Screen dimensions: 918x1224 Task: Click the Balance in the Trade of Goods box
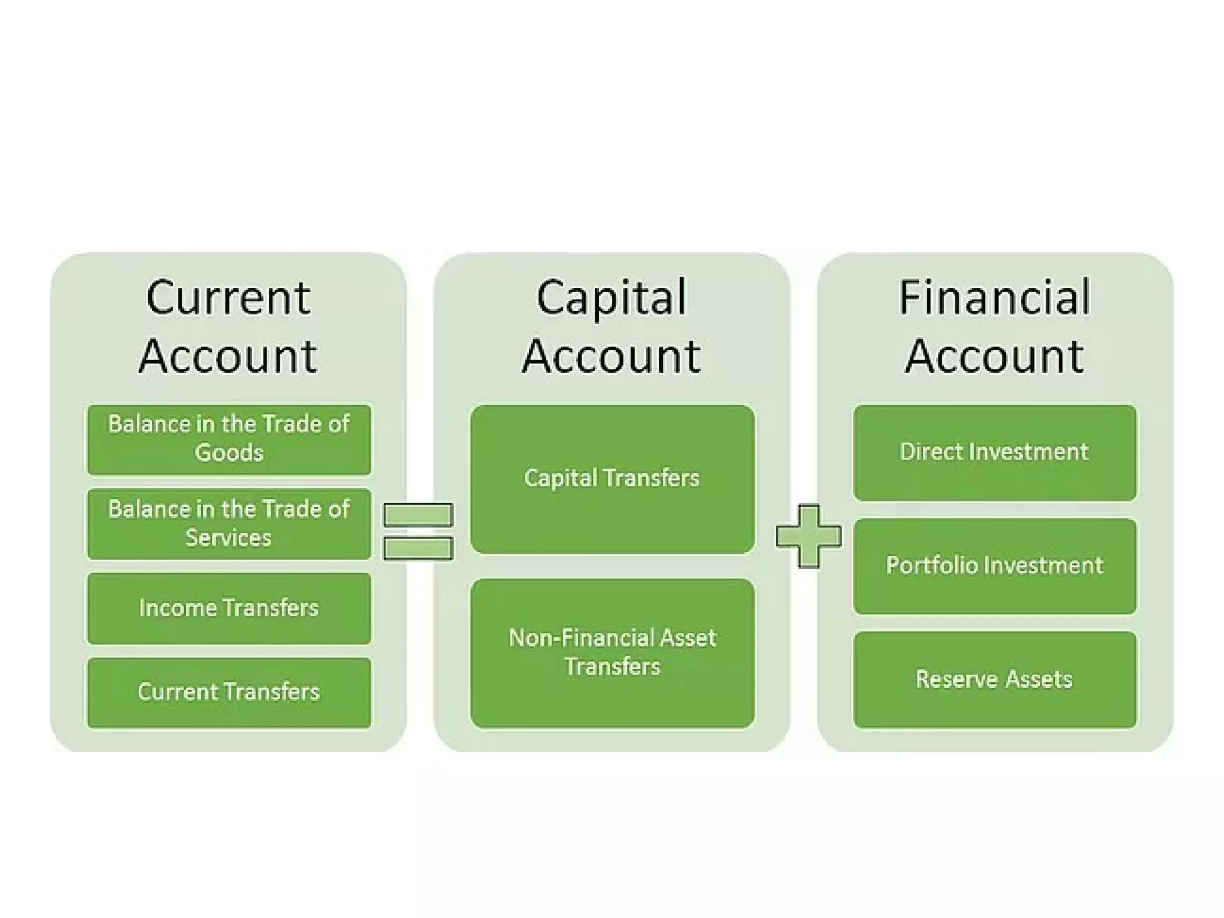229,439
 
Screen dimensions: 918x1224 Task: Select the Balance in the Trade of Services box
229,524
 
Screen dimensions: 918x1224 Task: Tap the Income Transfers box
229,608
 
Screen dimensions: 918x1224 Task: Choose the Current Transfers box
229,693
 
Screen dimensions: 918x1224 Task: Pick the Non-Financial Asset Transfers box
612,653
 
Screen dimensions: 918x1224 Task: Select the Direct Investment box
994,452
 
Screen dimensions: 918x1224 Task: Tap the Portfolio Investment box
994,566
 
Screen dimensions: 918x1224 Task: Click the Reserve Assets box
994,680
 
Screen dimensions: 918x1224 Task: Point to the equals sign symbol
418,531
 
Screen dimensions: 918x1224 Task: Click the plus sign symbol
808,536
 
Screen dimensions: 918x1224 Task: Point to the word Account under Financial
994,356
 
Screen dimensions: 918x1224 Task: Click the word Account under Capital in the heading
611,356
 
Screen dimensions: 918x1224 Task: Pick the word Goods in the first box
229,453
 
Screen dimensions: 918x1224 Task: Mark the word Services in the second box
228,538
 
